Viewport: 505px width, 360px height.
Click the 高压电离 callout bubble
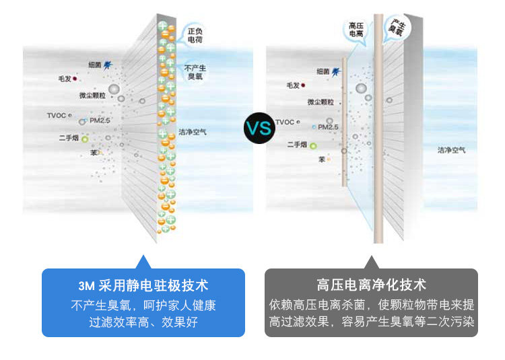point(356,29)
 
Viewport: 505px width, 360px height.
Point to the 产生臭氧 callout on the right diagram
point(396,28)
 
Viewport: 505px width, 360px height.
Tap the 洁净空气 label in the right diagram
point(451,150)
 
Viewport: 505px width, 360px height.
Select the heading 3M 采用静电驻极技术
point(143,285)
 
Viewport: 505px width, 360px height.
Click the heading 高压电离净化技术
point(371,285)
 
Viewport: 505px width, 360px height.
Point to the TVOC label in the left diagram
point(57,115)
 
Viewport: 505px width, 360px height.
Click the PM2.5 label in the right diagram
point(328,127)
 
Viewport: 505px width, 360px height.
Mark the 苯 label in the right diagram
point(322,159)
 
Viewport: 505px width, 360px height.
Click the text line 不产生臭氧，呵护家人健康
point(143,305)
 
